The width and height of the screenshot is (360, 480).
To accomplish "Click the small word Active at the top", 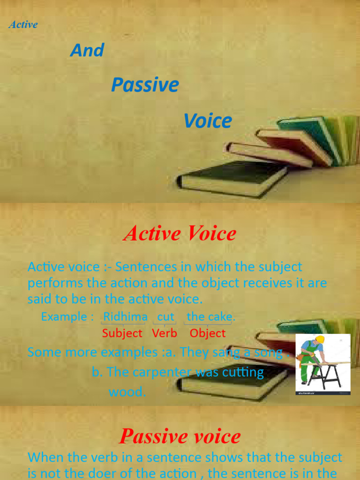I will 23,24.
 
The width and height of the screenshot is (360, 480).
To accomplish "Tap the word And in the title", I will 87,50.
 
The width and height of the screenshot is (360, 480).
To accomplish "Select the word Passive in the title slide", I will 145,85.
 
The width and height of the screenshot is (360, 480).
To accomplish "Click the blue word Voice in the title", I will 208,121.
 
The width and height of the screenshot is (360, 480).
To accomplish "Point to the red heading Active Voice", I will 180,233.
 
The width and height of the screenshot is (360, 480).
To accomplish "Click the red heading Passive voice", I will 180,436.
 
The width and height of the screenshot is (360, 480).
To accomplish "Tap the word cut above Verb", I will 165,317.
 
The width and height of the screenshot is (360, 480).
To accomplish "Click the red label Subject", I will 122,333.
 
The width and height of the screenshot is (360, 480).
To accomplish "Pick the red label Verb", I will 165,333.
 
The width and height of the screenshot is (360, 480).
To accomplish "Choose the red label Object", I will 208,333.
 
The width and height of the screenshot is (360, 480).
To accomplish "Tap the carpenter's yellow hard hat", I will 320,339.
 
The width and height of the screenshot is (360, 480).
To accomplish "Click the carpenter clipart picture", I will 322,364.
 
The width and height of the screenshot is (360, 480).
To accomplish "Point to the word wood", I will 127,392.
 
